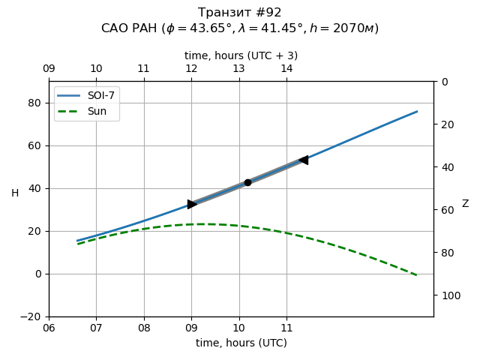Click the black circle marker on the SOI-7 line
[x=247, y=182]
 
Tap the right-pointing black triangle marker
[x=192, y=204]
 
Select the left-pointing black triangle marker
[x=303, y=160]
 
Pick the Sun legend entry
[x=97, y=112]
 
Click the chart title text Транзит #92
[x=240, y=13]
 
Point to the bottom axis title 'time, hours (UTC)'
[x=241, y=343]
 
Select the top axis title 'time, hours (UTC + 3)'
[x=241, y=55]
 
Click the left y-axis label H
[x=15, y=193]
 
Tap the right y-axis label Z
[x=465, y=204]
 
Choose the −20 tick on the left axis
[x=32, y=316]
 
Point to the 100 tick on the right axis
[x=449, y=295]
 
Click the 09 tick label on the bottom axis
[x=191, y=328]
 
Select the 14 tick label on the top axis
[x=286, y=68]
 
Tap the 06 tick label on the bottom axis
[x=49, y=328]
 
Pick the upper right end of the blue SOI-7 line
[x=417, y=112]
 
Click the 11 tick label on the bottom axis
[x=286, y=328]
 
